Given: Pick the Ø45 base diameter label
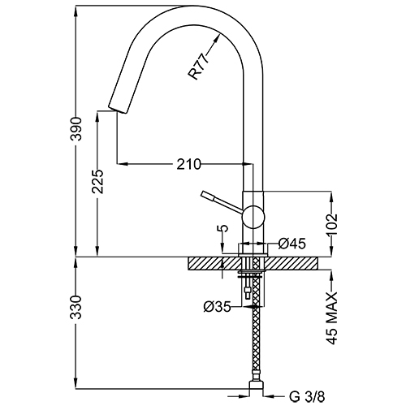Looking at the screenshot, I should [291, 243].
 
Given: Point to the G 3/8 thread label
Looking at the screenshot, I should [305, 398].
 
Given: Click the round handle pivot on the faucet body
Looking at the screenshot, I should [254, 216].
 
